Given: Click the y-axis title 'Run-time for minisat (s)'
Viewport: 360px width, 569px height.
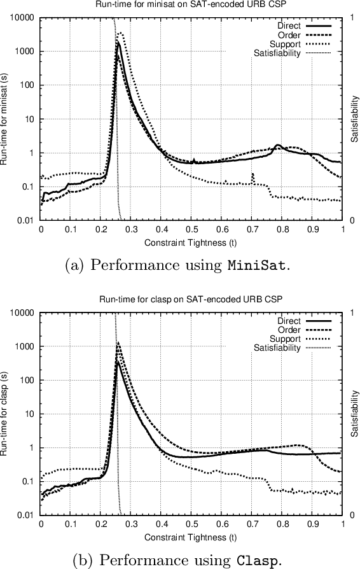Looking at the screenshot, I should [x=6, y=120].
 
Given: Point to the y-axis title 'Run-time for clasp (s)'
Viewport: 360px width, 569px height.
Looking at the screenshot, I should [x=6, y=414].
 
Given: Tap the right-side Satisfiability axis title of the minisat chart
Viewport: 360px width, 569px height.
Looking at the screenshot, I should [x=354, y=119].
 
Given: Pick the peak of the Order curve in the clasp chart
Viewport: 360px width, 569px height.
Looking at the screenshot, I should [x=118, y=342].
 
